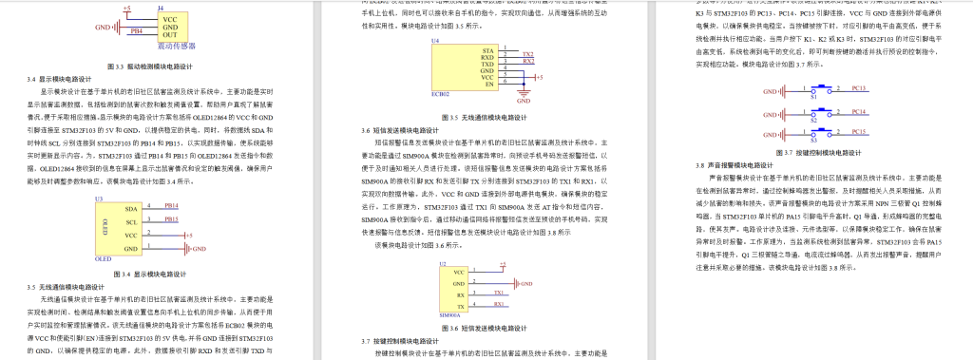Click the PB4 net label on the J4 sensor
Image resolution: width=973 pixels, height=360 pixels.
pos(137,30)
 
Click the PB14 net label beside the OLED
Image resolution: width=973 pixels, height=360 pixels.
pos(171,205)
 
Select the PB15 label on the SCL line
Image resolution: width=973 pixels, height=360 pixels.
pos(171,219)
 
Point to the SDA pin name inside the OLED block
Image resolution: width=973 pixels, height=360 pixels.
pos(130,207)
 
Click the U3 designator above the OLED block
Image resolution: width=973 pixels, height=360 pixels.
pos(99,198)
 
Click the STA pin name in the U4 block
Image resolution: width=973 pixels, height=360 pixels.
pos(486,49)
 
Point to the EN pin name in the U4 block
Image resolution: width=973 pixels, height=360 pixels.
pos(487,85)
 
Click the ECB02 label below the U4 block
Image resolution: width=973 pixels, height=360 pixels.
pos(440,96)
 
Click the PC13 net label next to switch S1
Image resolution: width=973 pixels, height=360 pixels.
pos(858,88)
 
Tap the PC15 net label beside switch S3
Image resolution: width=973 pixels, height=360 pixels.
pos(858,132)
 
